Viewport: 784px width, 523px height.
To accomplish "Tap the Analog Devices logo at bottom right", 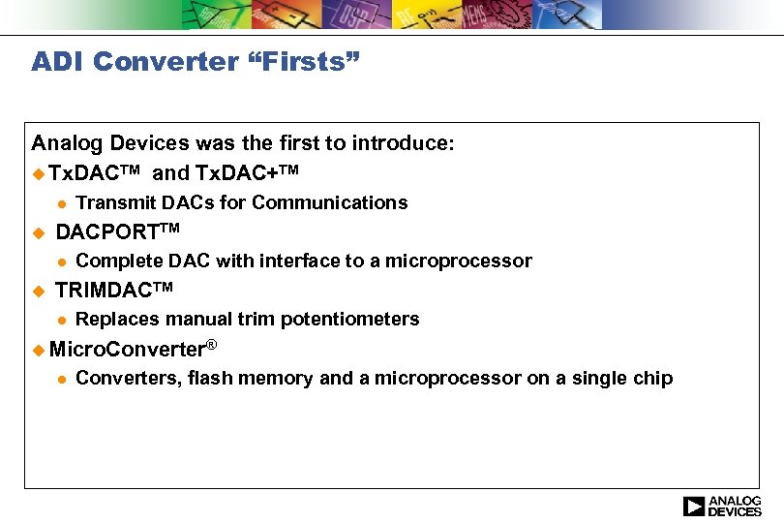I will pyautogui.click(x=722, y=506).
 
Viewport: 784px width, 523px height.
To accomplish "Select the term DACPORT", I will pyautogui.click(x=106, y=232).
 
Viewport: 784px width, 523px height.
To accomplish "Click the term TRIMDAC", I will pyautogui.click(x=104, y=291).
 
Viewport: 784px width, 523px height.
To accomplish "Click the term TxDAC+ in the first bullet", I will pyautogui.click(x=238, y=173).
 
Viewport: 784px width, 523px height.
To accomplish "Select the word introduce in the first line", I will pyautogui.click(x=399, y=144).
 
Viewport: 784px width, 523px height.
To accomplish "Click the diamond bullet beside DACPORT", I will pyautogui.click(x=38, y=232).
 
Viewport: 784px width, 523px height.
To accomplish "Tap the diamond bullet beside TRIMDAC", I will pyautogui.click(x=38, y=291).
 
